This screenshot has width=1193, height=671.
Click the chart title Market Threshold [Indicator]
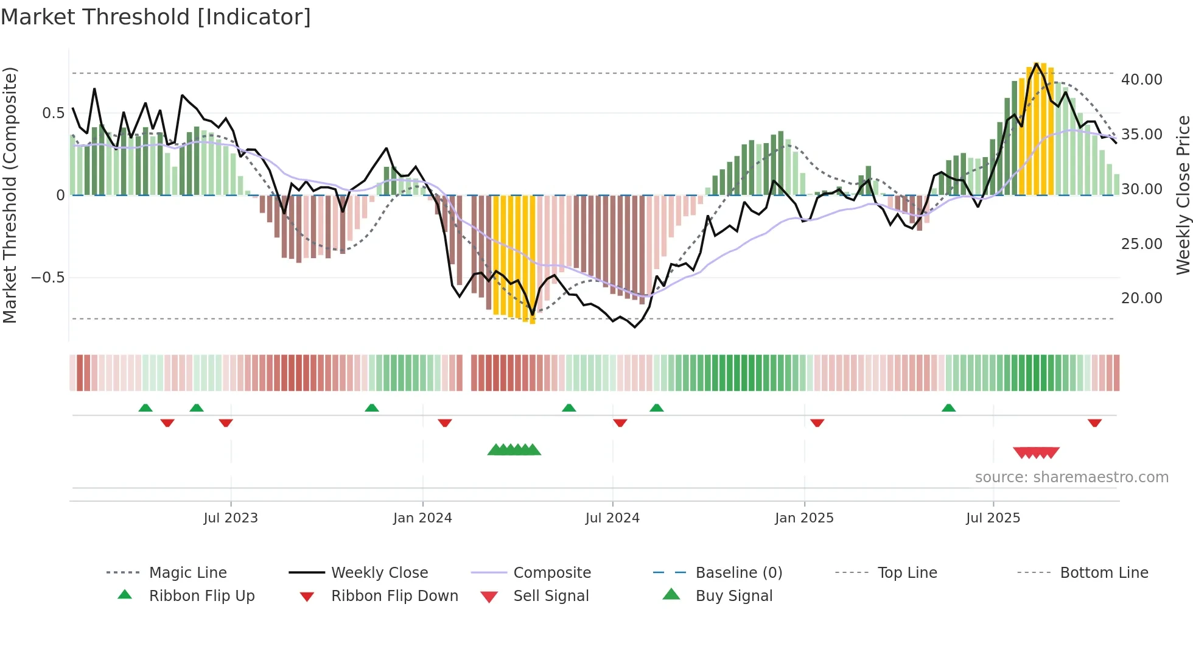tap(156, 17)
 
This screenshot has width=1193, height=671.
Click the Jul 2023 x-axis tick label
tap(231, 518)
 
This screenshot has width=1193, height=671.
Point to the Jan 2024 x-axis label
tap(422, 518)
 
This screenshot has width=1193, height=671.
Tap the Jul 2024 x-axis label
tap(612, 518)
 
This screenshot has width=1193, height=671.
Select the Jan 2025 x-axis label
tap(804, 518)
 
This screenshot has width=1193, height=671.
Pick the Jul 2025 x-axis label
tap(993, 518)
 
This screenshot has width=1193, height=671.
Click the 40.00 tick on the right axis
tap(1141, 80)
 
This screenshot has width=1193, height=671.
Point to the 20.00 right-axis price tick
tap(1141, 298)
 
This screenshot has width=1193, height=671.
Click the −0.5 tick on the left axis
tap(47, 278)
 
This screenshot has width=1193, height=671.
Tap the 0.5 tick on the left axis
tap(53, 113)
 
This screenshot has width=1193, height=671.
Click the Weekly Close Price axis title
tap(1183, 195)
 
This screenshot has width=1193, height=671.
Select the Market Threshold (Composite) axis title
tap(10, 195)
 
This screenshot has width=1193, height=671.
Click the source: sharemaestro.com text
tap(1071, 477)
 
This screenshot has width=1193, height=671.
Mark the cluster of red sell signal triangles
tap(1036, 452)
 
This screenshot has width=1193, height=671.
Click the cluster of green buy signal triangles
tap(514, 450)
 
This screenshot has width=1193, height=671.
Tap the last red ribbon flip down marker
tap(1094, 423)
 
